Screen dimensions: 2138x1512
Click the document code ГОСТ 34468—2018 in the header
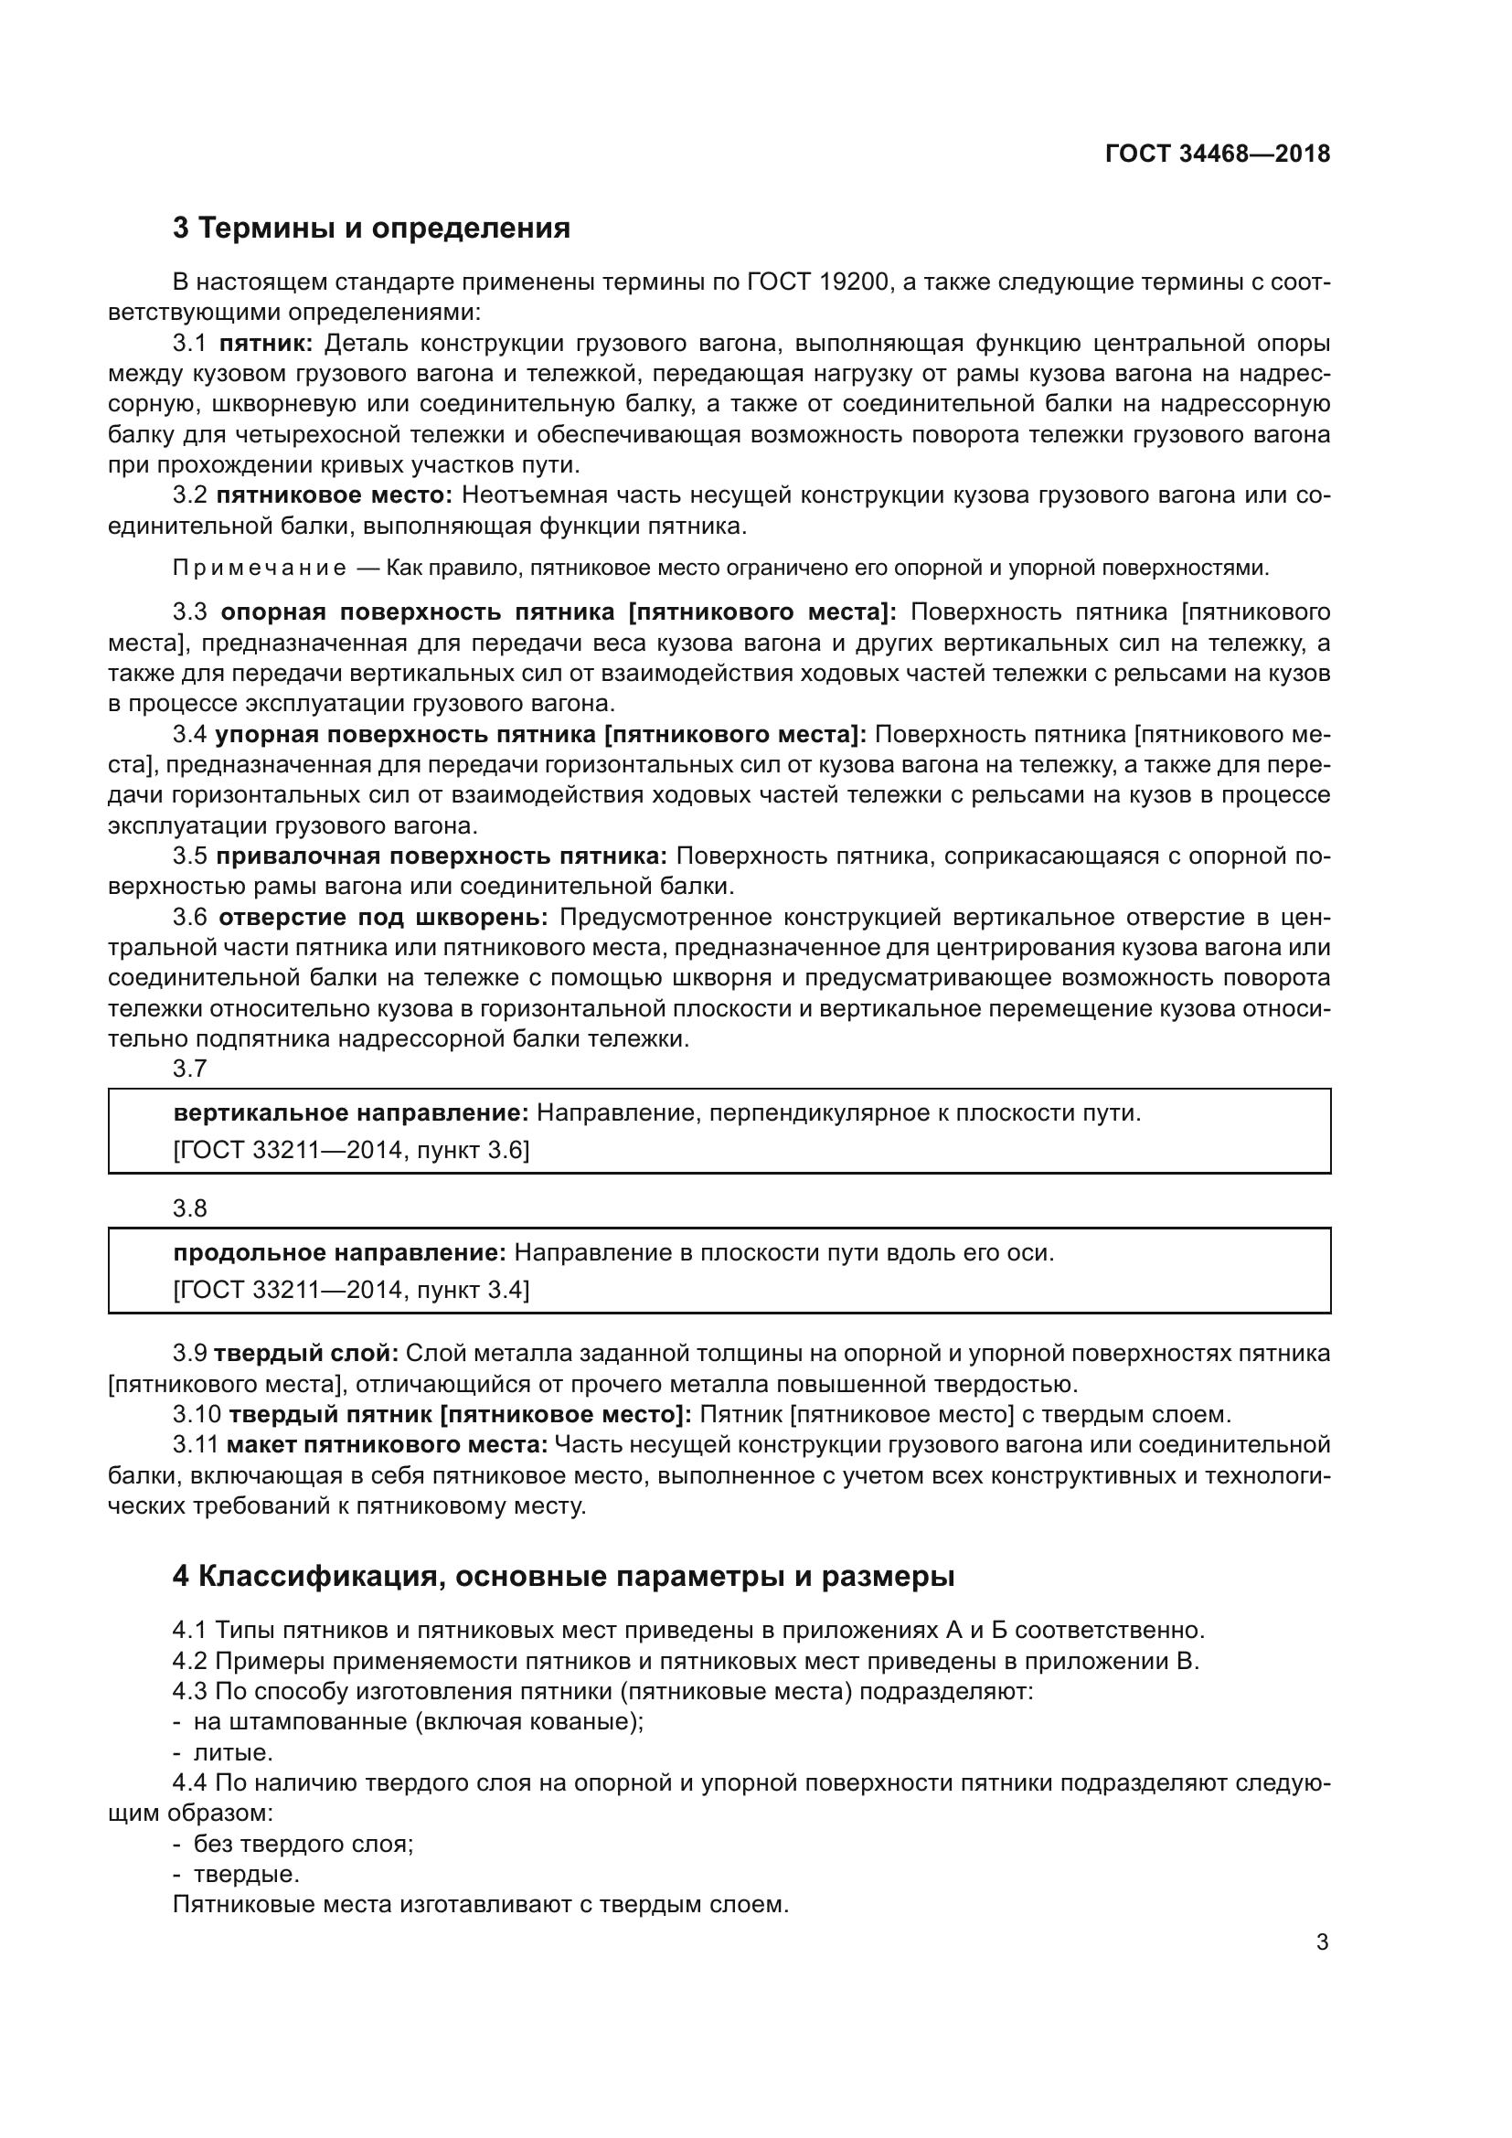tap(1217, 154)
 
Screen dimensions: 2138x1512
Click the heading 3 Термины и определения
tap(370, 228)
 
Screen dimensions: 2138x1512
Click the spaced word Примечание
tap(260, 568)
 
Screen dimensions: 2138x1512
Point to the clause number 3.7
tap(190, 1069)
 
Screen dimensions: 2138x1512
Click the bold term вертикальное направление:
tap(351, 1112)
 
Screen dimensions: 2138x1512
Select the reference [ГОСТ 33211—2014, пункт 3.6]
tap(351, 1150)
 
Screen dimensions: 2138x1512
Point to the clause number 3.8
tap(190, 1208)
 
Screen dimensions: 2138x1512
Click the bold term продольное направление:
tap(339, 1252)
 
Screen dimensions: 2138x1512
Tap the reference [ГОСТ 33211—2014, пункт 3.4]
tap(351, 1290)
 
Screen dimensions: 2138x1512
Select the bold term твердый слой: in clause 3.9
tap(306, 1353)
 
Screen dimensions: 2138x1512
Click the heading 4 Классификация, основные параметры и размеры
tap(563, 1577)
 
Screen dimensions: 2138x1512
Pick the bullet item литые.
tap(233, 1753)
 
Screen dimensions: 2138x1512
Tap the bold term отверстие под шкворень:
tap(384, 917)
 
